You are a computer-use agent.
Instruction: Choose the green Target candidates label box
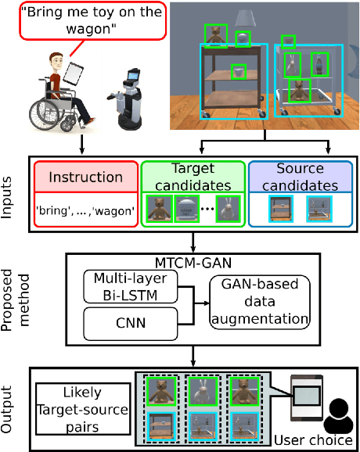(x=193, y=178)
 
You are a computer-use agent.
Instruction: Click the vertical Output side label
(x=10, y=407)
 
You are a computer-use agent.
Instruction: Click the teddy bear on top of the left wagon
(x=215, y=35)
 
